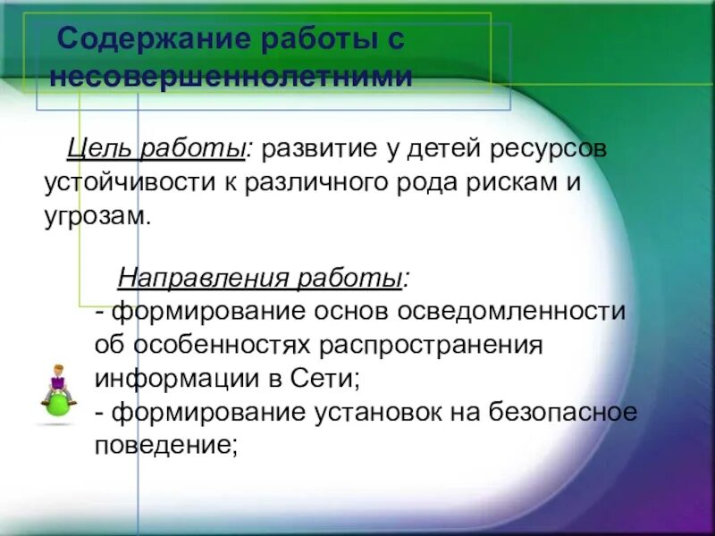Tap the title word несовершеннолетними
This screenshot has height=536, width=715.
click(x=231, y=77)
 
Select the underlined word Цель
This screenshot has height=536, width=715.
click(x=96, y=148)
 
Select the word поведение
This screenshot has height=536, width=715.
click(x=164, y=446)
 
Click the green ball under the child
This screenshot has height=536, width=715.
click(x=59, y=405)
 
